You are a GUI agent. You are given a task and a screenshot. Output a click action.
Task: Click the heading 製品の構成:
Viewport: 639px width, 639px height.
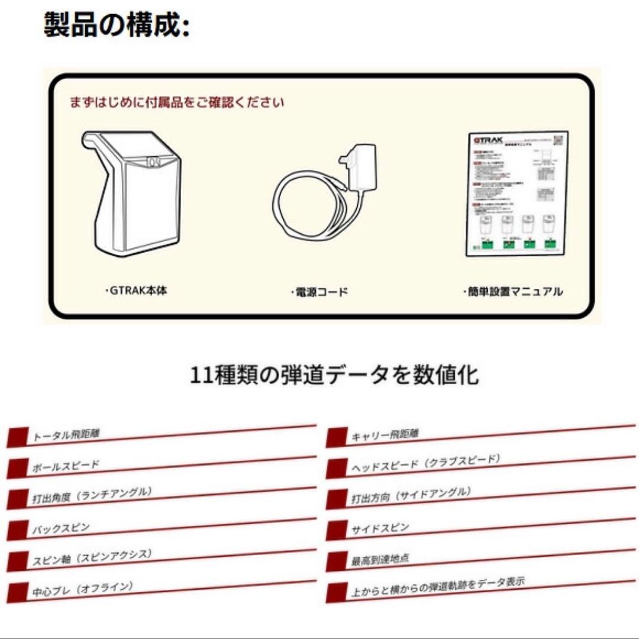(117, 26)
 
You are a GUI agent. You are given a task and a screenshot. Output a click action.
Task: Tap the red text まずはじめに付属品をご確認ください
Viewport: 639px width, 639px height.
(177, 102)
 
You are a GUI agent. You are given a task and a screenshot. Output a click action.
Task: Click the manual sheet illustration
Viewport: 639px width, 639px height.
(516, 193)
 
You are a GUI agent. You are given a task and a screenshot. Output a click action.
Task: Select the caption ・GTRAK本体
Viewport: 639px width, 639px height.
(135, 291)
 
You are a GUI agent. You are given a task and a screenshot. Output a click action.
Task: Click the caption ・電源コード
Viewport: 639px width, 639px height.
(319, 292)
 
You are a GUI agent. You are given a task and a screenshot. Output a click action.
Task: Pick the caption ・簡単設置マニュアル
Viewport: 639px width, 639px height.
(512, 291)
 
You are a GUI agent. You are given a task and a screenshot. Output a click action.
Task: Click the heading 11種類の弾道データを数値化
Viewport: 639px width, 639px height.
(334, 375)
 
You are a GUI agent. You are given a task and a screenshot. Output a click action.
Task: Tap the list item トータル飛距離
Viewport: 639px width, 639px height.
(66, 435)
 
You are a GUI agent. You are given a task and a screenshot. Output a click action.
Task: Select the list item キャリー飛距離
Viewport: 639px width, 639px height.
(385, 435)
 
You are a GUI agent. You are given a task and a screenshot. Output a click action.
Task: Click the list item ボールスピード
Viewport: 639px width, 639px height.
(65, 466)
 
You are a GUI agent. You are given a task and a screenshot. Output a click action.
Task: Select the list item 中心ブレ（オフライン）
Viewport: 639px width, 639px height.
(83, 589)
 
